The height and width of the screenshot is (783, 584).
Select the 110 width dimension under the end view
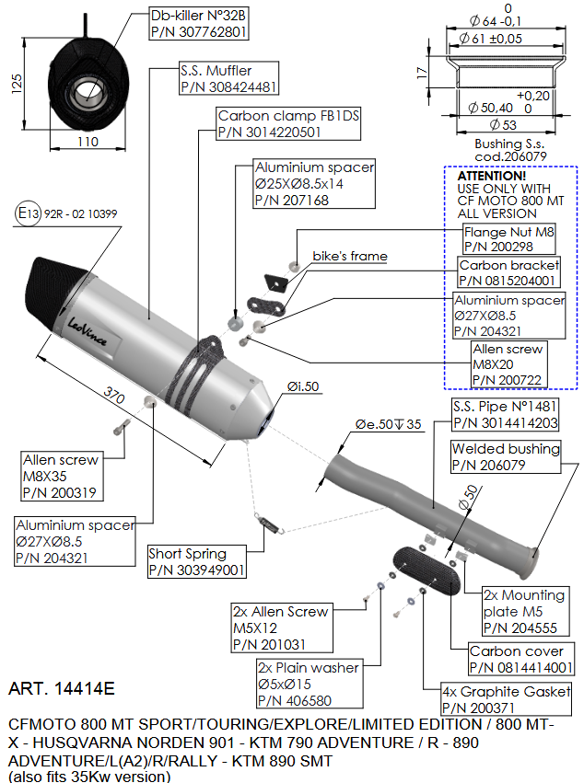coord(88,142)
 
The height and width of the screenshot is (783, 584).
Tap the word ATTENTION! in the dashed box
coord(492,175)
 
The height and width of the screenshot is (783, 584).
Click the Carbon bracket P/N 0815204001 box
coord(507,273)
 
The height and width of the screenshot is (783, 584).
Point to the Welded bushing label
coord(506,456)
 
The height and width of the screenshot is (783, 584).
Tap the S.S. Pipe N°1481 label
coord(506,415)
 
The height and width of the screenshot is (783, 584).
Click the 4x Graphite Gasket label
coord(506,699)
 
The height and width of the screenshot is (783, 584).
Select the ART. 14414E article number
coord(64,689)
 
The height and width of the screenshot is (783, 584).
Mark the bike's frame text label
coord(350,256)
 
